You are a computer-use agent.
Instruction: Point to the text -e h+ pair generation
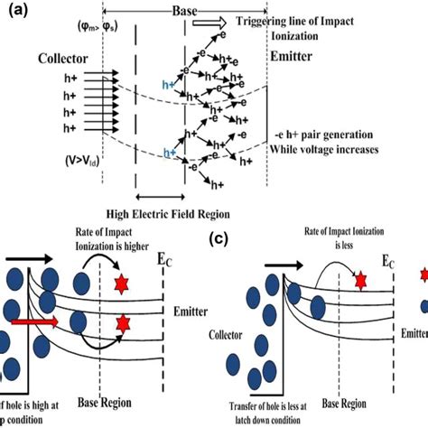[x=330, y=136]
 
